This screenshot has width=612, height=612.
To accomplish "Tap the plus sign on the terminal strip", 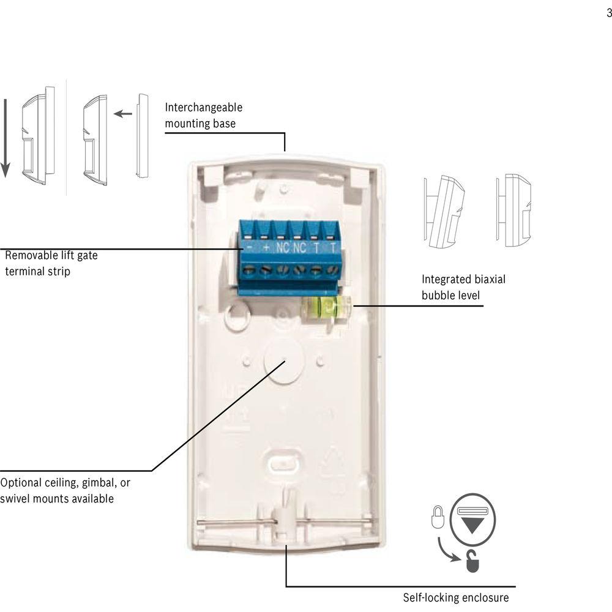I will point(266,248).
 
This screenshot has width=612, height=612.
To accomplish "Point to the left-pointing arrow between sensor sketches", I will point(123,113).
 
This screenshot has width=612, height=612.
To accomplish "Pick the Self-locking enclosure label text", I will point(455,597).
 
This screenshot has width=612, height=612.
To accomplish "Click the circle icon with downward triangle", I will point(472,517).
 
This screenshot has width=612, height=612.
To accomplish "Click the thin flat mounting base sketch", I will point(143,135).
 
